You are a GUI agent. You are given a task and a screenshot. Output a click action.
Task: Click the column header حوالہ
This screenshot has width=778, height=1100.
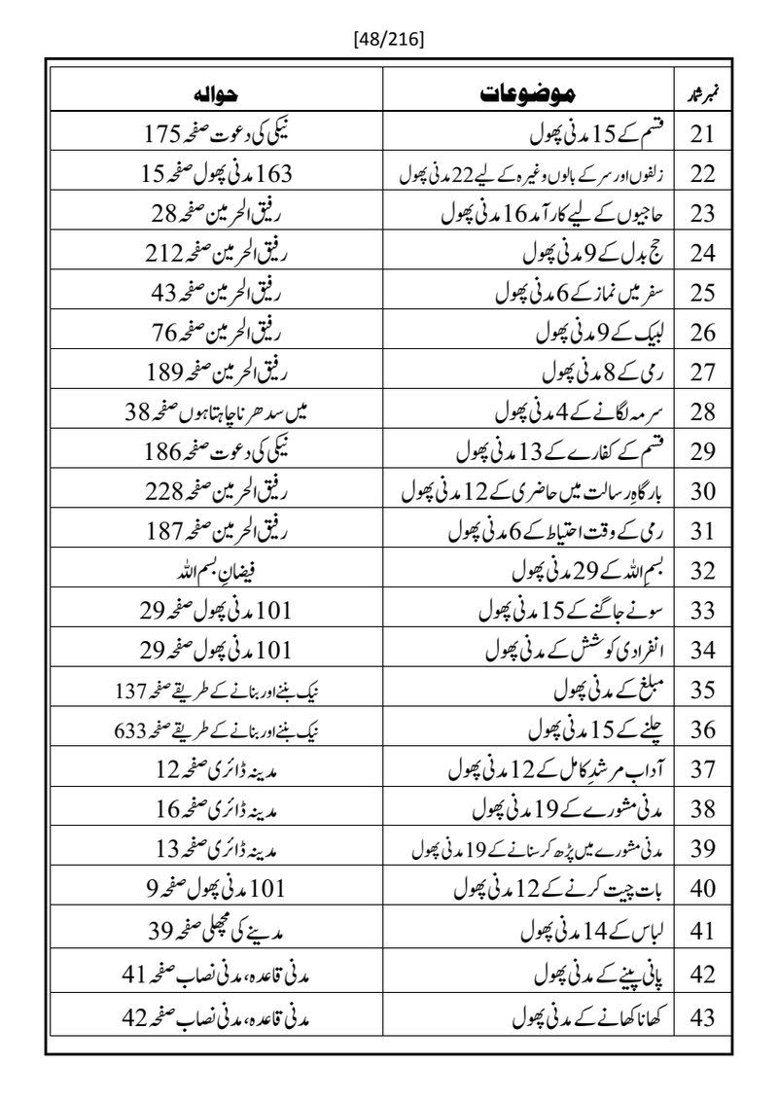[x=215, y=95]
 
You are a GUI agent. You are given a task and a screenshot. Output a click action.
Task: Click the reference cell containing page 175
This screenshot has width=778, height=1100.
[x=217, y=135]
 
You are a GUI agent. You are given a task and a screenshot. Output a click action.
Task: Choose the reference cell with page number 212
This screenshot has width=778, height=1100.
[x=217, y=255]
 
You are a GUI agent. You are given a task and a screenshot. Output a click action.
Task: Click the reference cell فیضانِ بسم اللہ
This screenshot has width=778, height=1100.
[x=217, y=570]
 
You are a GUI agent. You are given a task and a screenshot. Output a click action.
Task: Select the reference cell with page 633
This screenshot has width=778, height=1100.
[x=217, y=730]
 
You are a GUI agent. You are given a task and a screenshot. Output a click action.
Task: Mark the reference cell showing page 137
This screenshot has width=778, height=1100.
[x=217, y=691]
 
